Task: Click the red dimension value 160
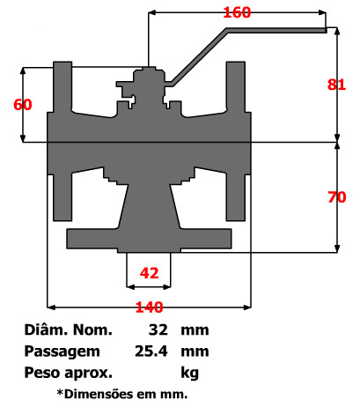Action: pyautogui.click(x=238, y=12)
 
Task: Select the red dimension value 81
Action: pyautogui.click(x=336, y=85)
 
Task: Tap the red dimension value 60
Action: pyautogui.click(x=23, y=104)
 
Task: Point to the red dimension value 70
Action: pyautogui.click(x=336, y=197)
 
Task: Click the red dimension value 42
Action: pyautogui.click(x=150, y=272)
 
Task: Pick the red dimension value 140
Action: pyautogui.click(x=149, y=307)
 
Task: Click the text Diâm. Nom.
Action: pyautogui.click(x=70, y=331)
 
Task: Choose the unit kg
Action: pyautogui.click(x=190, y=370)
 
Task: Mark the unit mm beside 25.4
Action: pyautogui.click(x=194, y=351)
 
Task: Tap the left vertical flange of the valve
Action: pyautogui.click(x=62, y=97)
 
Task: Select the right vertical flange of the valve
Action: pyautogui.click(x=236, y=97)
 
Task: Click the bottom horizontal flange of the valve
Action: pyautogui.click(x=150, y=238)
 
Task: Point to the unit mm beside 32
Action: pyautogui.click(x=194, y=331)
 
